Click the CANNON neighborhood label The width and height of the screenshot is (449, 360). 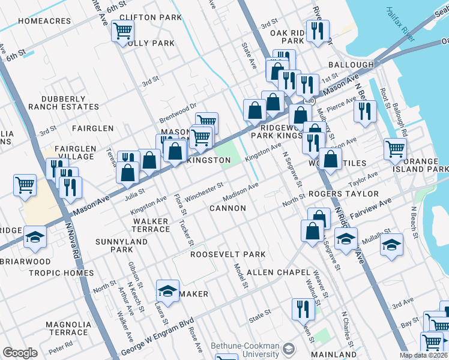click(228, 208)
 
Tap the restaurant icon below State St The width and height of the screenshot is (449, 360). click(303, 308)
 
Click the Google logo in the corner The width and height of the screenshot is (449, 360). click(20, 353)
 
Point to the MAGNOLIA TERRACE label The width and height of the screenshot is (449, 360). click(68, 328)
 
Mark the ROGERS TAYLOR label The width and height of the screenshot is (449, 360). click(343, 194)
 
